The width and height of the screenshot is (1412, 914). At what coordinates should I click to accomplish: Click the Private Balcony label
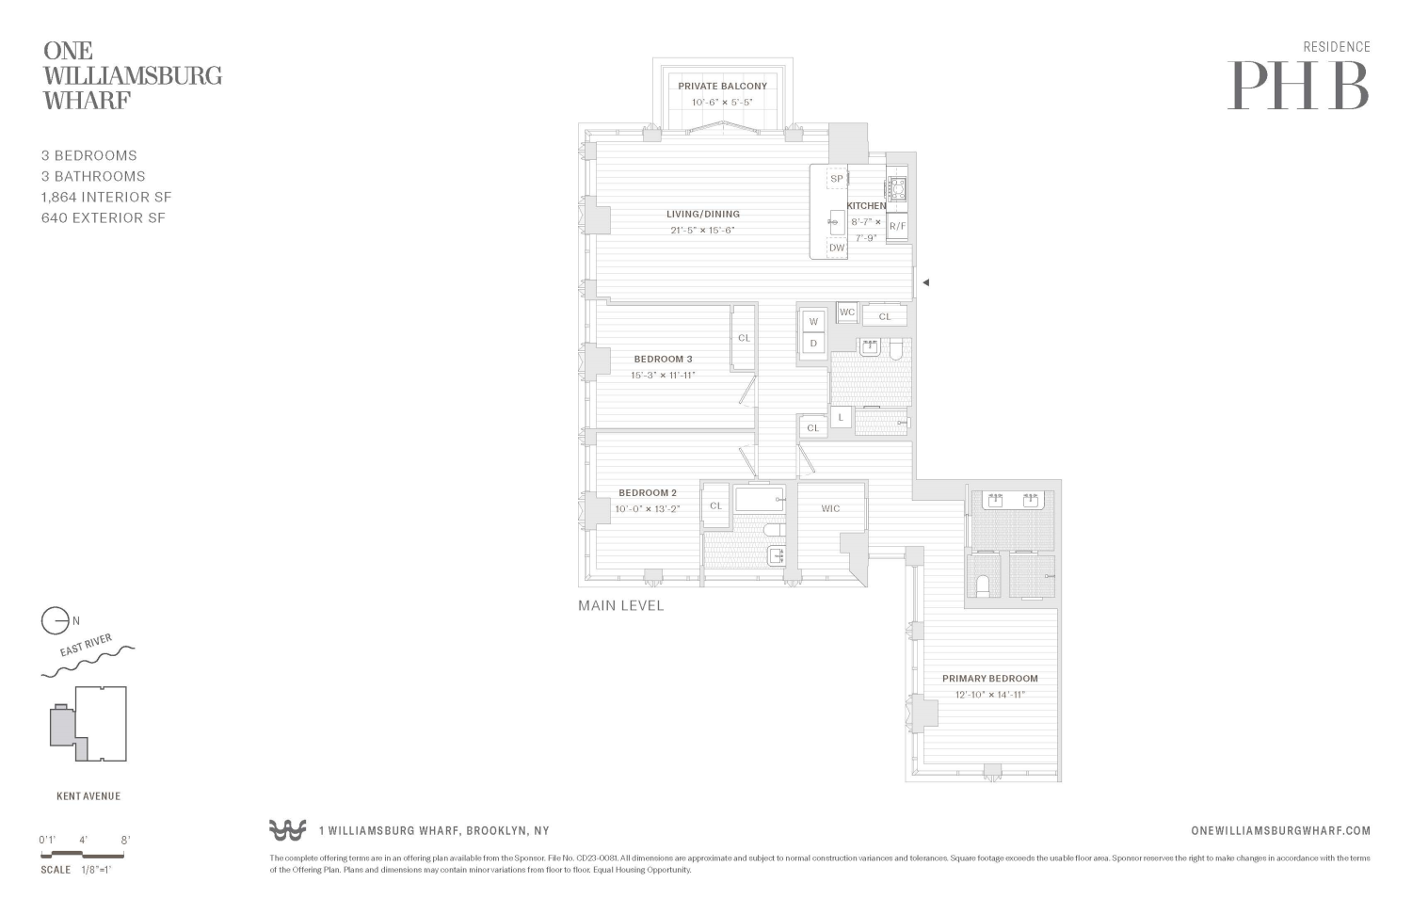tap(722, 86)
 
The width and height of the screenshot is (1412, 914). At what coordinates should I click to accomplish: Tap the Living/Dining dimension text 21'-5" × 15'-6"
tap(702, 230)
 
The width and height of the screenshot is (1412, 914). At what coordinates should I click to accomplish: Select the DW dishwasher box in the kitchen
tap(837, 249)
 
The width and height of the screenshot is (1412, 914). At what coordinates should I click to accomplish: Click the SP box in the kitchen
tap(837, 179)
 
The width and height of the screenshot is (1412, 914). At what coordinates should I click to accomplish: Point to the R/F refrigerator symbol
tap(897, 226)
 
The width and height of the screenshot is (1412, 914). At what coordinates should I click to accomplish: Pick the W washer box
tap(813, 321)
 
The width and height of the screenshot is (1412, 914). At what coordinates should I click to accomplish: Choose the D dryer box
tap(813, 344)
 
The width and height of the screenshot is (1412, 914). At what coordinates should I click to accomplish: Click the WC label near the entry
tap(847, 313)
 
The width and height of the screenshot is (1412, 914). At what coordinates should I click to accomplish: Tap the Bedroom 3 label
tap(663, 359)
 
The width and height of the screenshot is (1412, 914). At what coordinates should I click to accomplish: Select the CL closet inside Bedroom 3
tap(744, 338)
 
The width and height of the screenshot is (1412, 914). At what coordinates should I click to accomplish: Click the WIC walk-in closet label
tap(830, 508)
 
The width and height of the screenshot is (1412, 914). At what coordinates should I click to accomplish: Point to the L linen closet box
tap(841, 417)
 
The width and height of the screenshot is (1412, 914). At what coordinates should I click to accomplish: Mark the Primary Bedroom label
tap(989, 678)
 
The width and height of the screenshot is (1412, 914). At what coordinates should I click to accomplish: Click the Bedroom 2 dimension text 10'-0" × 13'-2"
tap(647, 508)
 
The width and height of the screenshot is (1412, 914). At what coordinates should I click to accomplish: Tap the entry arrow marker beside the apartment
tap(925, 282)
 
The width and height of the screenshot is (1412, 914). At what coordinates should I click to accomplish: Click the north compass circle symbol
tap(55, 621)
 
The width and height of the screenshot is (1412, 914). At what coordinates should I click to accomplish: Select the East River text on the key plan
tap(86, 646)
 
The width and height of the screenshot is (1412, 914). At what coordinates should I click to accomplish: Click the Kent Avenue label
tap(88, 796)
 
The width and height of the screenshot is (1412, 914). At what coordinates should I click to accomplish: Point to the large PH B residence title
tap(1298, 86)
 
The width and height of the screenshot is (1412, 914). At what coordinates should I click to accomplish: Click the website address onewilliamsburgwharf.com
tap(1280, 830)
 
